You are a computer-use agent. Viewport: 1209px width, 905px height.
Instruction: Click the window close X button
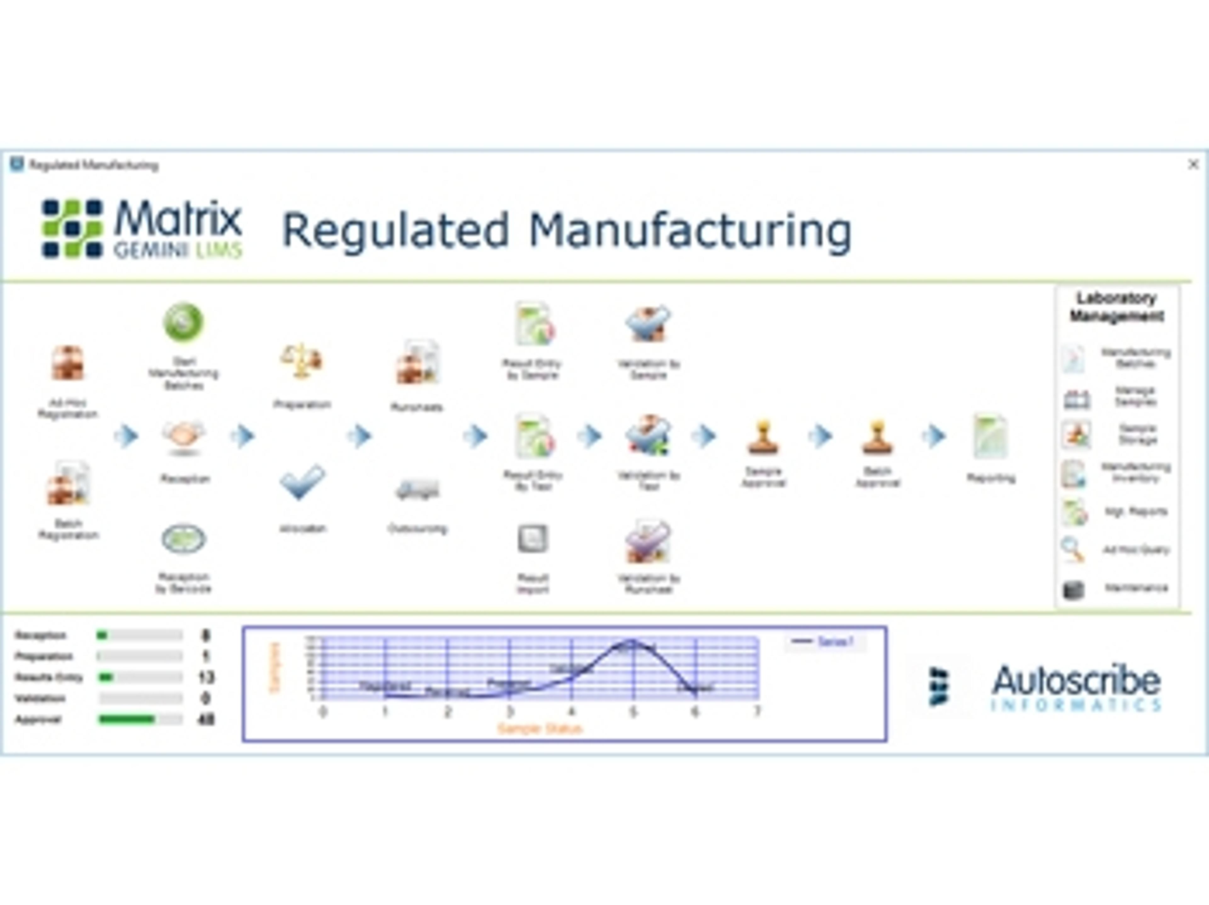(x=1193, y=165)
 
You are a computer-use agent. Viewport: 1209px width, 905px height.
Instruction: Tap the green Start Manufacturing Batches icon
(x=184, y=322)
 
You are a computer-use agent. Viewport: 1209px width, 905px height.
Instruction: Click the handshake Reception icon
(x=184, y=437)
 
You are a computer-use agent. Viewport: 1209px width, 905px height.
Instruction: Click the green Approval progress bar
(x=127, y=719)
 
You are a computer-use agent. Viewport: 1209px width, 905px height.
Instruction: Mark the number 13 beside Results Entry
(x=206, y=678)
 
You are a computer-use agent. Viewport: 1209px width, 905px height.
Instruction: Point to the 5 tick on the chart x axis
(x=633, y=711)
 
